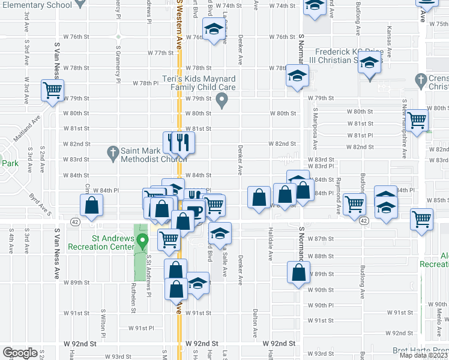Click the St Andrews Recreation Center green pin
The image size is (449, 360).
click(x=142, y=242)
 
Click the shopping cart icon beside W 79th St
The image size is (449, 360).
click(x=52, y=91)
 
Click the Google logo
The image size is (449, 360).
click(x=20, y=353)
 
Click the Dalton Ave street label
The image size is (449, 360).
click(x=255, y=322)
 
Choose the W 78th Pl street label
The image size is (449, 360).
click(x=145, y=83)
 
